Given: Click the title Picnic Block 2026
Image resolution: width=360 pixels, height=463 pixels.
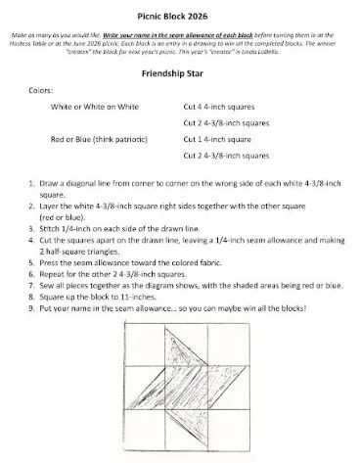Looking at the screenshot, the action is click(179, 10).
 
